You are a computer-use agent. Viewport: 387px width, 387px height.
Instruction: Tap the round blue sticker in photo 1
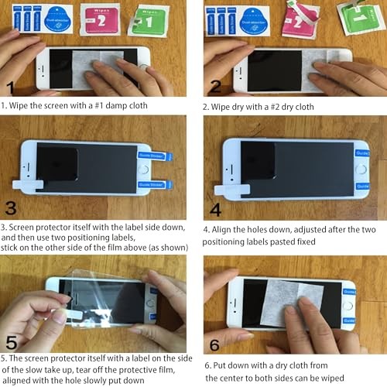(x=59, y=18)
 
